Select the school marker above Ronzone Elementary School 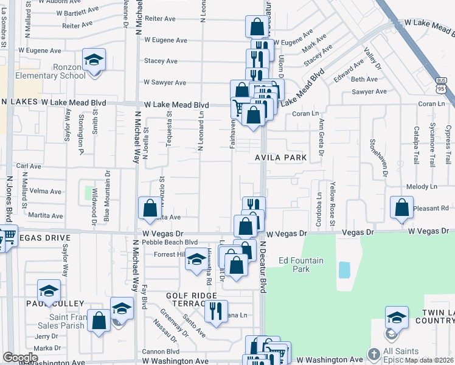[94, 60]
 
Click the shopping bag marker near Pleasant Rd [401, 207]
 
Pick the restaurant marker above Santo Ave [216, 311]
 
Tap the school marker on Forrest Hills [196, 260]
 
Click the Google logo [19, 358]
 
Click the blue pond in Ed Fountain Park [344, 269]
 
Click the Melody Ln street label [418, 187]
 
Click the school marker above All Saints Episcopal [397, 317]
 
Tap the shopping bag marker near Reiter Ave [257, 27]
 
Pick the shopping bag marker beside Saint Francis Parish [99, 320]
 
